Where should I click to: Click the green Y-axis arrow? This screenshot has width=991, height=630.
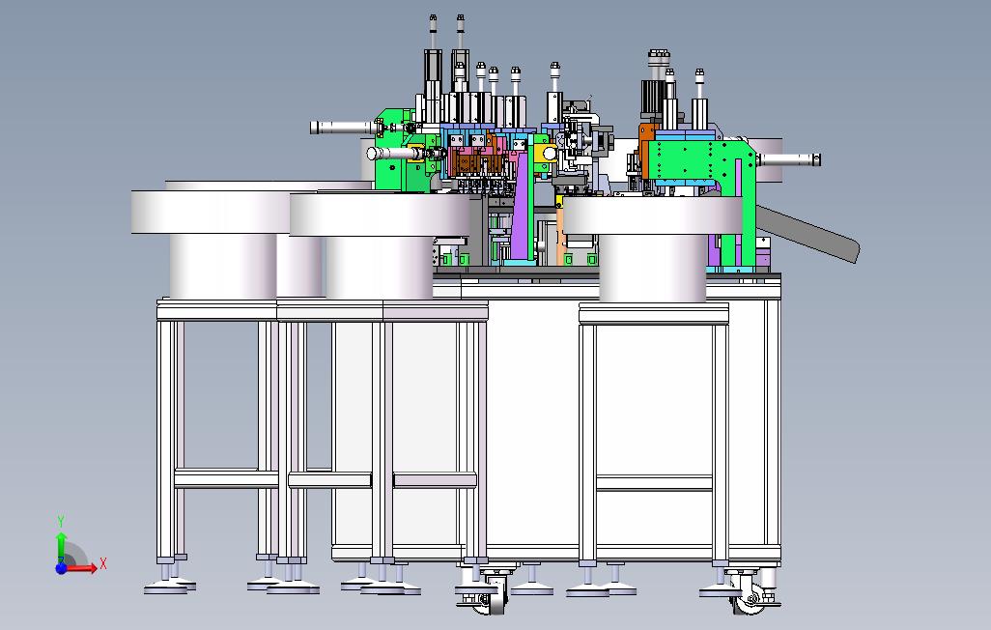(61, 547)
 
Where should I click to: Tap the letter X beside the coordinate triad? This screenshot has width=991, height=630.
(103, 563)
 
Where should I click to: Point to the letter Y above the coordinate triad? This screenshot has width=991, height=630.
(61, 522)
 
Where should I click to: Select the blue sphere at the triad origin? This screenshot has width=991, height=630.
(61, 568)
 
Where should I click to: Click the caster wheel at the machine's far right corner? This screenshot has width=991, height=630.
(750, 601)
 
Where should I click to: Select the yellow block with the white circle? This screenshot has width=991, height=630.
(546, 153)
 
